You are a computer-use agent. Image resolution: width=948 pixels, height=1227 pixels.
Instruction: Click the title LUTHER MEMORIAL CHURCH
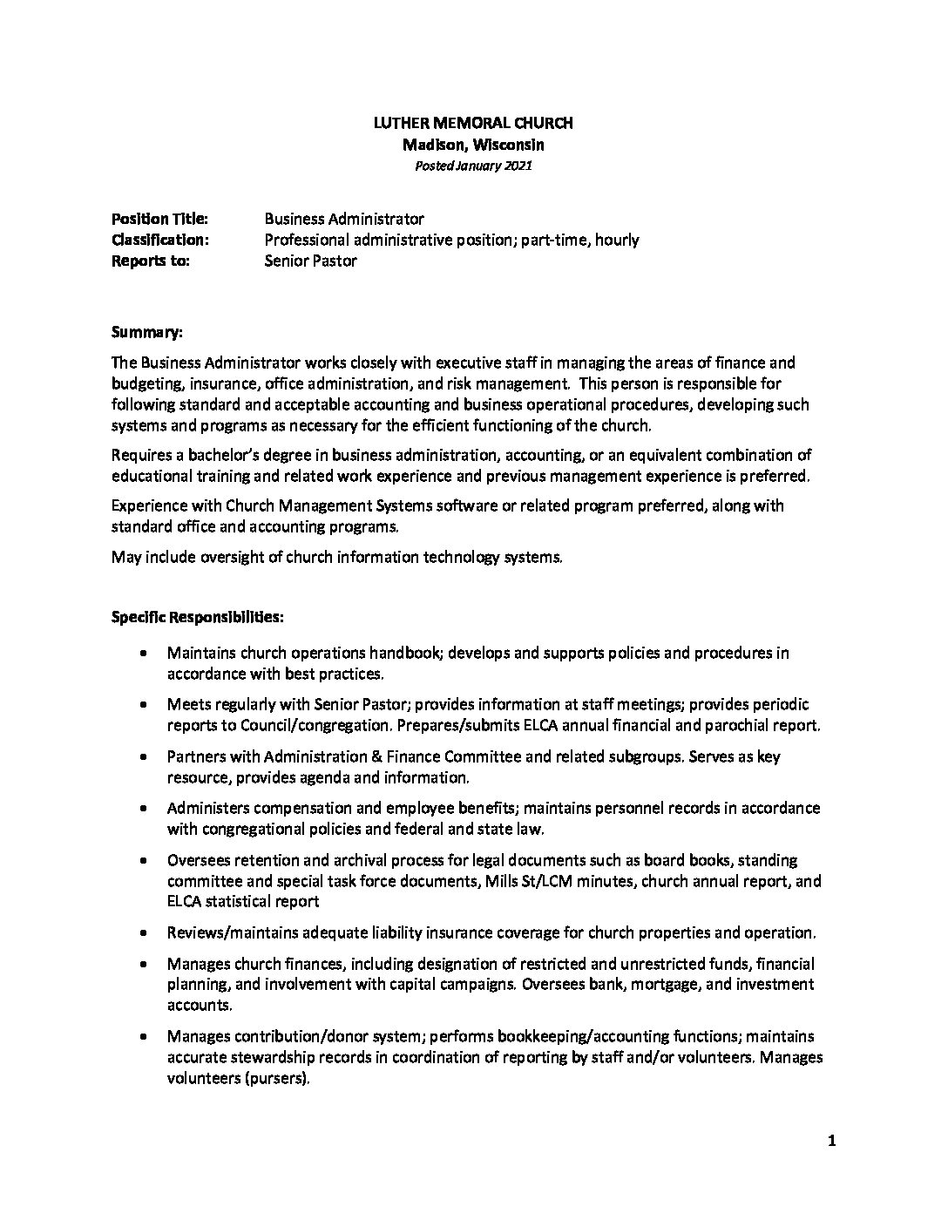point(473,124)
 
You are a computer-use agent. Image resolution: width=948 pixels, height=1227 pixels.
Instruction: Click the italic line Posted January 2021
point(473,166)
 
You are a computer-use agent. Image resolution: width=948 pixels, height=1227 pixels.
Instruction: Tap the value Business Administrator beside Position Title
point(344,219)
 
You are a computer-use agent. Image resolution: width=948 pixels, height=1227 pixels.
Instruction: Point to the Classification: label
point(159,240)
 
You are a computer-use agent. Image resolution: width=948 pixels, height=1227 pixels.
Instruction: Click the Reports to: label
point(150,261)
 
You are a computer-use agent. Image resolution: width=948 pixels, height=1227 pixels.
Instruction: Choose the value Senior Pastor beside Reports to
point(310,261)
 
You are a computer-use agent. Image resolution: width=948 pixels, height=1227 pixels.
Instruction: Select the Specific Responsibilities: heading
point(197,617)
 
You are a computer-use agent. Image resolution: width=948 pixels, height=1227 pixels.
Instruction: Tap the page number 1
point(832,1142)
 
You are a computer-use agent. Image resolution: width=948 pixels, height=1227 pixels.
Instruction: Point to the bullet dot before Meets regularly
point(143,704)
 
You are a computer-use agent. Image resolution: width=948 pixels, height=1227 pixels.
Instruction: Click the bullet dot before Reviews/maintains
point(143,932)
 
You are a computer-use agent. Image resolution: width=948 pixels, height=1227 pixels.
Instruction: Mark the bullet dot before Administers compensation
point(143,809)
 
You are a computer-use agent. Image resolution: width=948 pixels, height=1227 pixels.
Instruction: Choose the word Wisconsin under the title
point(509,145)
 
